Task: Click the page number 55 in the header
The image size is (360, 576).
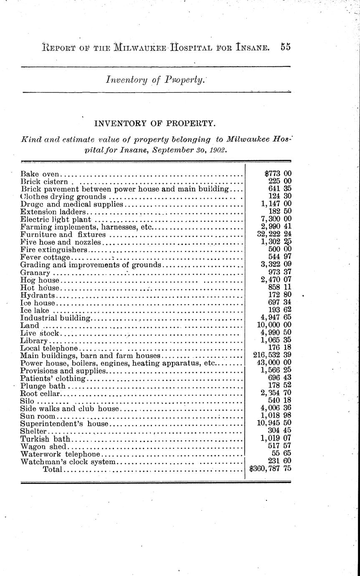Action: pos(285,47)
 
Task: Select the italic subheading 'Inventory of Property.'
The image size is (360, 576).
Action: pos(155,80)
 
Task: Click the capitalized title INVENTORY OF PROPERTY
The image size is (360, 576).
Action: pos(155,124)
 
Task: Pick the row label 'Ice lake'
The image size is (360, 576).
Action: pos(35,310)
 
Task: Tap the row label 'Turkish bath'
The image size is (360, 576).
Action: pos(45,439)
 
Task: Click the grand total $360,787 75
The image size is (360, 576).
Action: pos(270,469)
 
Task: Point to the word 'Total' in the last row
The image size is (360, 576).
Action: pos(52,470)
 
